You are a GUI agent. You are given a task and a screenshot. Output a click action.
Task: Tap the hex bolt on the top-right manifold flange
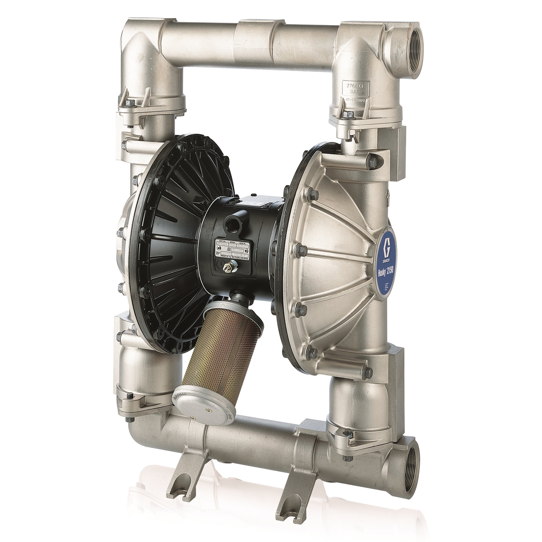tap(346, 114)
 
